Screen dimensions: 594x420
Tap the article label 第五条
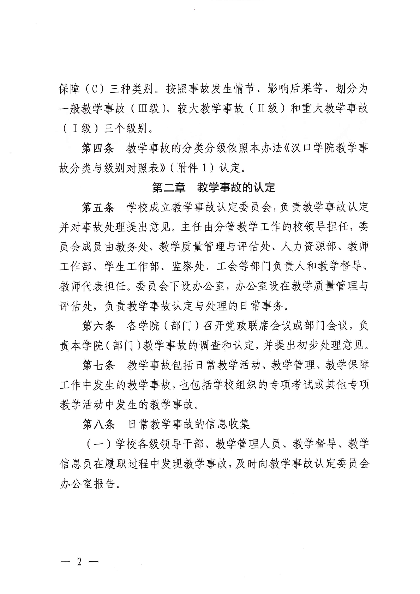[x=98, y=207]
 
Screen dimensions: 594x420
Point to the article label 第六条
[x=98, y=326]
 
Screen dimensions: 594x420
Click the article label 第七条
[x=98, y=365]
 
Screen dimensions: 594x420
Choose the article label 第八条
[x=98, y=424]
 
